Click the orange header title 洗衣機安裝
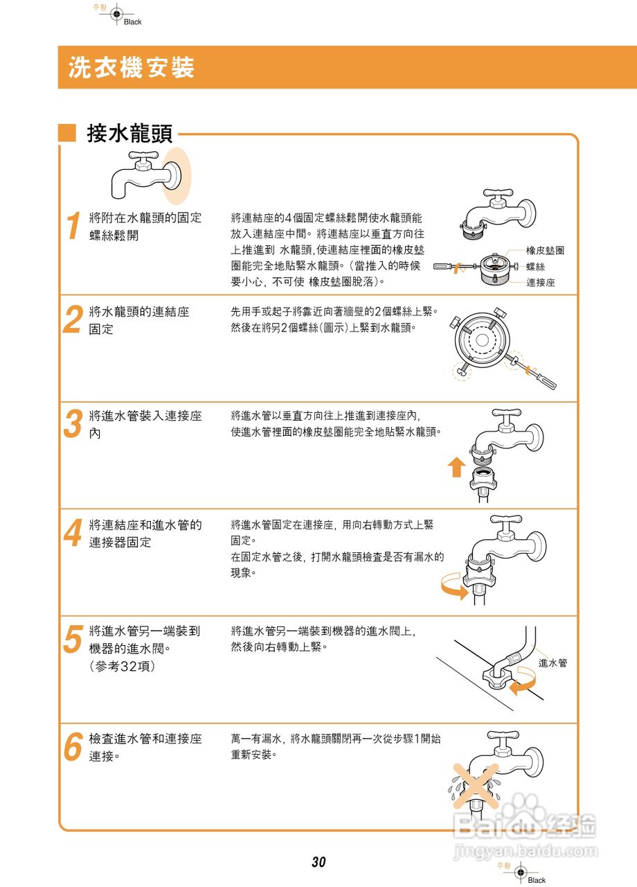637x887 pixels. click(x=132, y=67)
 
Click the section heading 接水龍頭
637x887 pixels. click(x=129, y=134)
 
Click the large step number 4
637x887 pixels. click(x=72, y=532)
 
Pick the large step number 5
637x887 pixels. click(x=72, y=638)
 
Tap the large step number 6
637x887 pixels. click(x=72, y=746)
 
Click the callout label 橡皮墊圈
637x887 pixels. click(x=545, y=250)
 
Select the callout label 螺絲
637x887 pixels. click(x=535, y=267)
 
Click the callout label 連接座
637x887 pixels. click(x=541, y=283)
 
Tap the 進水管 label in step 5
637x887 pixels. click(x=553, y=663)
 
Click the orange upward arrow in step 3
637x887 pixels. click(x=456, y=468)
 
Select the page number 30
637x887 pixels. click(x=318, y=863)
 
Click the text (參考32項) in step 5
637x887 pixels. click(x=123, y=666)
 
